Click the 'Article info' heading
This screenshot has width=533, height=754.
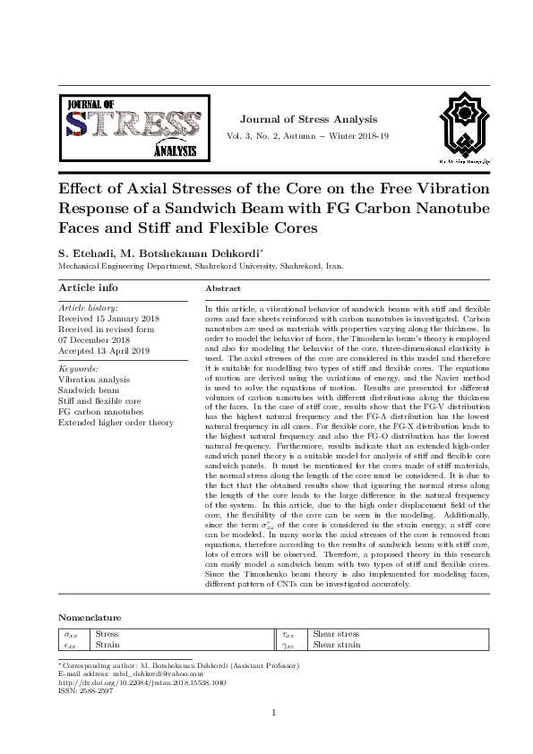pos(88,287)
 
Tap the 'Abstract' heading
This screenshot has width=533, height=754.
pos(223,289)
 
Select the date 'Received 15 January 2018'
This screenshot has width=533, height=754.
pos(108,318)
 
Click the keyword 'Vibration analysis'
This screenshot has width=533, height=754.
pos(93,380)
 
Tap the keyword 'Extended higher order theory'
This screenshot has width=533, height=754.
pos(116,422)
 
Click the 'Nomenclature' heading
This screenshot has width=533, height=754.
pos(90,618)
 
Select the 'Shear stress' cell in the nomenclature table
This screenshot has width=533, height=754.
pos(336,634)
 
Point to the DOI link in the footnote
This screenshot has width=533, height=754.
pos(142,683)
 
